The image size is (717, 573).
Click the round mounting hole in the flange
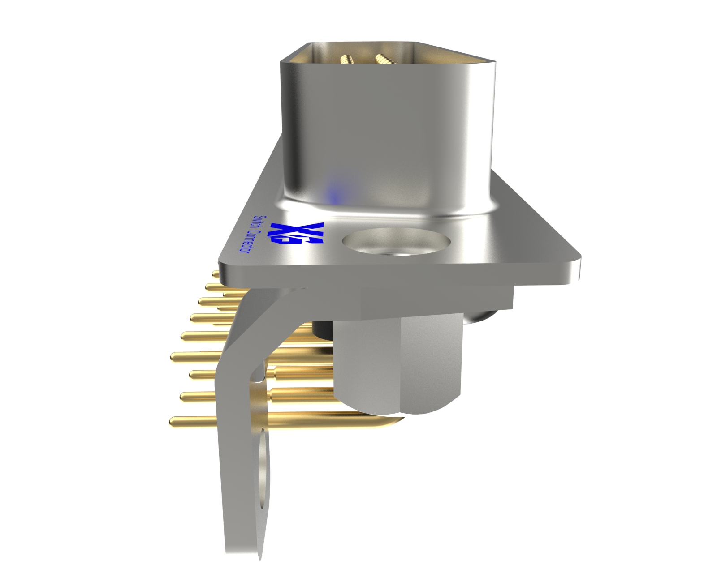(x=396, y=243)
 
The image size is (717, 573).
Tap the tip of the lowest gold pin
(x=173, y=420)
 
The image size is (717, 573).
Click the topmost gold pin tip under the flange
(x=215, y=273)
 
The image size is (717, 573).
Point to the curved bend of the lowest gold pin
(x=394, y=419)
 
